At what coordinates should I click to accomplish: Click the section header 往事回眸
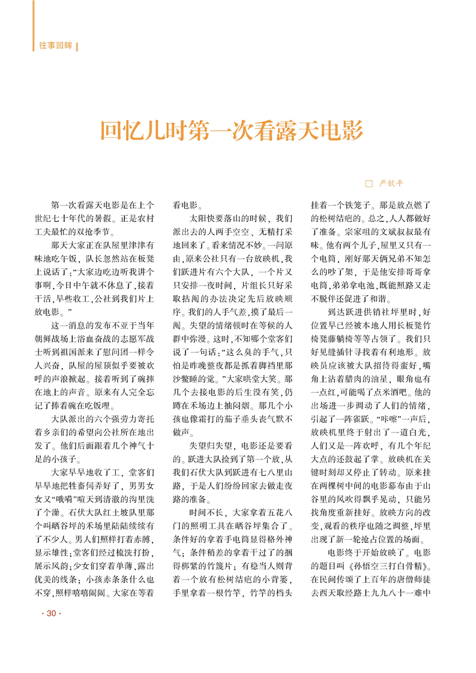point(55,46)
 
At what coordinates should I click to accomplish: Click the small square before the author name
point(369,183)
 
